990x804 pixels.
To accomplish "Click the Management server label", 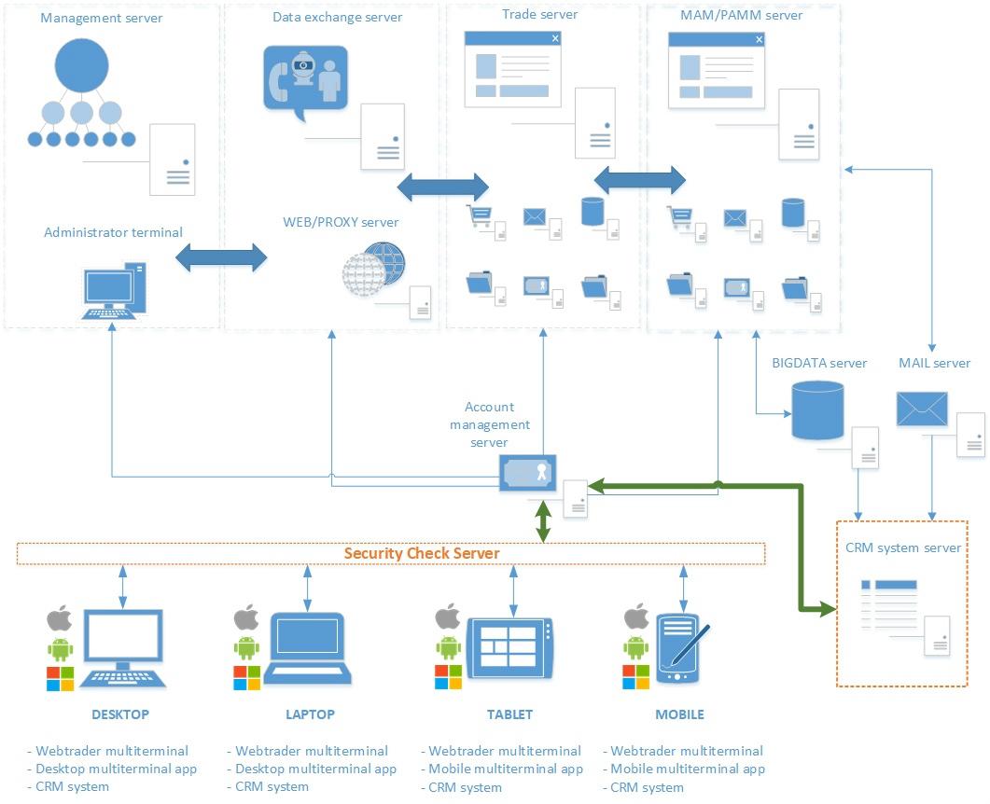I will [x=102, y=18].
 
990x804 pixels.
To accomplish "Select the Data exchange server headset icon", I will [x=305, y=82].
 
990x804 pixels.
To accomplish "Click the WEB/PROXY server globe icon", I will [x=375, y=270].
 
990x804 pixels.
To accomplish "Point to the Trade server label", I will [x=539, y=14].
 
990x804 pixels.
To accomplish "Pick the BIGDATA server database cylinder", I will [x=816, y=409].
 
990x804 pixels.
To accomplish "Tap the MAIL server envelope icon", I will [x=922, y=409].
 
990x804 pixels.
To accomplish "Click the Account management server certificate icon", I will [x=528, y=473].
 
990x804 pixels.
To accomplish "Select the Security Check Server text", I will [x=422, y=553].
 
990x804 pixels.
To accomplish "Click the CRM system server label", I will [x=902, y=548].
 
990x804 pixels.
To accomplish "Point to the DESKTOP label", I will [x=120, y=714].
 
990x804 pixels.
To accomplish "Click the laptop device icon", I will [x=307, y=648].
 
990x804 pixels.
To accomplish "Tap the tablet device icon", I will [x=509, y=648].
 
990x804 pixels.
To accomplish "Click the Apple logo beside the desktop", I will [x=60, y=618].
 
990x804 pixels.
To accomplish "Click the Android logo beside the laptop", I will [x=246, y=647].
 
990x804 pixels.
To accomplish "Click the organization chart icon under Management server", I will [x=81, y=97].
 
